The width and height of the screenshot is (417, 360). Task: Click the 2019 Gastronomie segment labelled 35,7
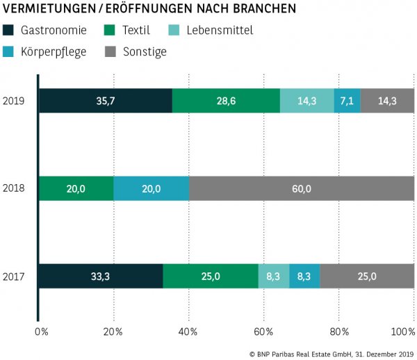coord(105,101)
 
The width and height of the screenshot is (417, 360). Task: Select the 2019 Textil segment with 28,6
coord(226,101)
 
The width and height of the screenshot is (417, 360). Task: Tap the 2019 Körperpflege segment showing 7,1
coord(347,101)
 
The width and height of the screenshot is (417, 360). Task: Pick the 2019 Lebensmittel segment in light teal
coord(306,101)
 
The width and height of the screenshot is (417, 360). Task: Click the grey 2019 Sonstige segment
coord(387,101)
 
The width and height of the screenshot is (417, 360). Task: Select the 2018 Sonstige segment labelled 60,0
coord(302,188)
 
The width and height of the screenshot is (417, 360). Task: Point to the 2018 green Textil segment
coord(76,188)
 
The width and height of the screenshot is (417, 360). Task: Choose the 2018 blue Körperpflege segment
coord(151,188)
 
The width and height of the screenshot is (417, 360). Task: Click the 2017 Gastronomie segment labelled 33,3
coord(101,276)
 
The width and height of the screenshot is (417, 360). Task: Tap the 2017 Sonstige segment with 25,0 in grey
coord(367,276)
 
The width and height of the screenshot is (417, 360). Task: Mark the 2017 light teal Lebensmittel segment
coord(274,276)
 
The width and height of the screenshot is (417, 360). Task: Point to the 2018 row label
coord(14,188)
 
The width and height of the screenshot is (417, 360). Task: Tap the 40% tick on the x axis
coord(188,331)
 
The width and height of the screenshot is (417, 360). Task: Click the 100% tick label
coord(403,331)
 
